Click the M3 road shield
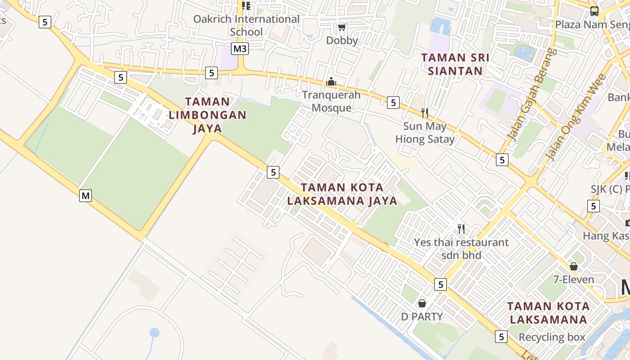(240, 48)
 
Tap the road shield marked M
(85, 195)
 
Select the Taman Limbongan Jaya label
(207, 115)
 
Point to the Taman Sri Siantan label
(455, 64)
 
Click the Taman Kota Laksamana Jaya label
(342, 194)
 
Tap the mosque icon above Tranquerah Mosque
(331, 81)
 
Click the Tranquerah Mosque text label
(331, 101)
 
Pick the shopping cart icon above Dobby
(342, 28)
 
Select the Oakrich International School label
(246, 25)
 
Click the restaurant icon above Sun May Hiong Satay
(424, 112)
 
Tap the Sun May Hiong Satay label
(425, 133)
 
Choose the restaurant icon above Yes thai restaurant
(461, 229)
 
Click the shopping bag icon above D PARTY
(422, 303)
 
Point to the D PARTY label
(422, 316)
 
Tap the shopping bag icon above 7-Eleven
(573, 266)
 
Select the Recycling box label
(552, 337)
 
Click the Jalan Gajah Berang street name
(532, 94)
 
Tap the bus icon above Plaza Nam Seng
(594, 11)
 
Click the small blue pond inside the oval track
(154, 333)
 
